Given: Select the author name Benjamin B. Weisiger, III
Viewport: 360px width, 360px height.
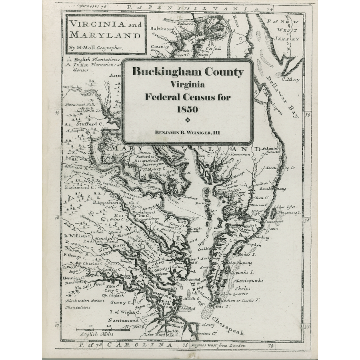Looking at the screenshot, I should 187,131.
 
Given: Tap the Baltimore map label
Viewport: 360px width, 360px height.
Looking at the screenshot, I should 162,29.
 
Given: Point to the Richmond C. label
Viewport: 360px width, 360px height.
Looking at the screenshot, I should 80,187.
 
